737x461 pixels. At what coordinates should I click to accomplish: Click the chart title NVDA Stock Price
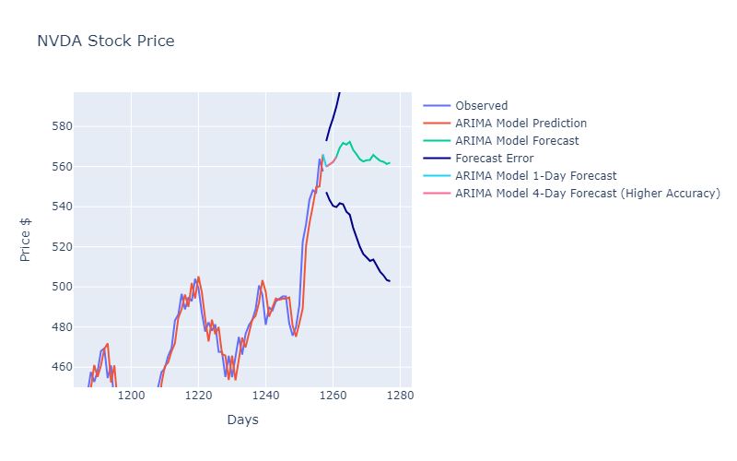coord(105,41)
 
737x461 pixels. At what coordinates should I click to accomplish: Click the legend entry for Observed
coord(481,106)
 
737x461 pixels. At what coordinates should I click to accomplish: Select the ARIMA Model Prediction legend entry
coord(521,124)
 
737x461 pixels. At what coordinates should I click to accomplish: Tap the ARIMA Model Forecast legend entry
coord(517,141)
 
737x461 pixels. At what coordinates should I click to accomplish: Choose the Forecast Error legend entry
coord(494,159)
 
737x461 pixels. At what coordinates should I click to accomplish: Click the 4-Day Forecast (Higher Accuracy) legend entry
coord(587,194)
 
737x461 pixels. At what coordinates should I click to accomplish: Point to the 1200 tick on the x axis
coord(132,396)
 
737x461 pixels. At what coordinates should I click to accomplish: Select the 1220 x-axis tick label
coord(199,396)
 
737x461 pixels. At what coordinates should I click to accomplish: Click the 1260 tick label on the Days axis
coord(333,396)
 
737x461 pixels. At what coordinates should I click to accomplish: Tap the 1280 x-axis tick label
coord(400,396)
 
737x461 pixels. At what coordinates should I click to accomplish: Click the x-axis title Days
coord(242,420)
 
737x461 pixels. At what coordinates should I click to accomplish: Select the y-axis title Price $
coord(27,241)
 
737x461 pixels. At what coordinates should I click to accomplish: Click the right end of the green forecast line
coord(390,163)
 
